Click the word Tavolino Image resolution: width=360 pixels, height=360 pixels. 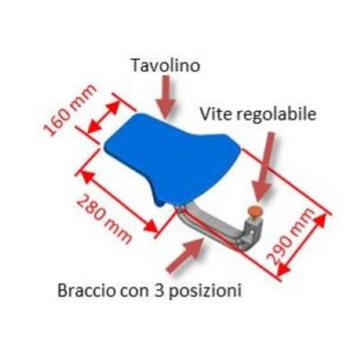point(166,66)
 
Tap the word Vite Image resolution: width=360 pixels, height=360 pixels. point(216,114)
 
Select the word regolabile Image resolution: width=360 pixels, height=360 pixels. point(276,115)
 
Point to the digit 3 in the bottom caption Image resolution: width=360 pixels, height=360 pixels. point(158,291)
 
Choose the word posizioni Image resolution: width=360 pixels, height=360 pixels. point(205,292)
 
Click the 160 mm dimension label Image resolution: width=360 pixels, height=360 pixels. point(70,110)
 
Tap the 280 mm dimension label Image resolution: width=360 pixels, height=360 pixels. point(104,220)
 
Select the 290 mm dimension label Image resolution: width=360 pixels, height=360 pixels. point(291,237)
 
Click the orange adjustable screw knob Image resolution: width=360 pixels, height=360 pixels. point(256,211)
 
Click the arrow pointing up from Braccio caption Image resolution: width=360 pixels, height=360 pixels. point(185,255)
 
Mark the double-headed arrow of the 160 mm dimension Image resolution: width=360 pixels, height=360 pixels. point(104,117)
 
